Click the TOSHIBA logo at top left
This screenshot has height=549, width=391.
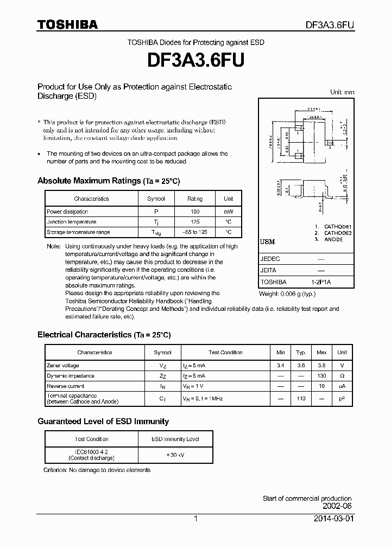67,24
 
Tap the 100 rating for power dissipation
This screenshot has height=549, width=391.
195,212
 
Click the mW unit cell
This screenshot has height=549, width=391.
229,212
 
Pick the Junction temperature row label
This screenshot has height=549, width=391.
72,222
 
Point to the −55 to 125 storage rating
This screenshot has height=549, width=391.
195,232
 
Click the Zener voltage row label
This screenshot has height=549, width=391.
63,366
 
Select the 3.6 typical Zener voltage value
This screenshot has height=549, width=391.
301,366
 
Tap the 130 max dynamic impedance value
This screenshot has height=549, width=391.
321,376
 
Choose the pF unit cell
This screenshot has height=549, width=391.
342,398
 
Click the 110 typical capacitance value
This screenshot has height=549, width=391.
301,398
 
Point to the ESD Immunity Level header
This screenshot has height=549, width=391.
175,439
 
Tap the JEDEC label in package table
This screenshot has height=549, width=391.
270,259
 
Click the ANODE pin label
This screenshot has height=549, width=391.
333,239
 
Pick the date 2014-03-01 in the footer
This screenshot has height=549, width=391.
333,519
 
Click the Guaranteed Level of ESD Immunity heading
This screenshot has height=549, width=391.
103,422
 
